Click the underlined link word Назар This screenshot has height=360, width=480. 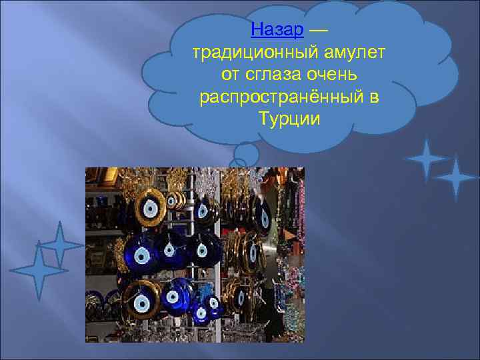tap(279, 30)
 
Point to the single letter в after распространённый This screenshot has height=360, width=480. tap(373, 97)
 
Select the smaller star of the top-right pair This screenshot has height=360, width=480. tap(425, 159)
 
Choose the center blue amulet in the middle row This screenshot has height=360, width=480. tap(170, 251)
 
